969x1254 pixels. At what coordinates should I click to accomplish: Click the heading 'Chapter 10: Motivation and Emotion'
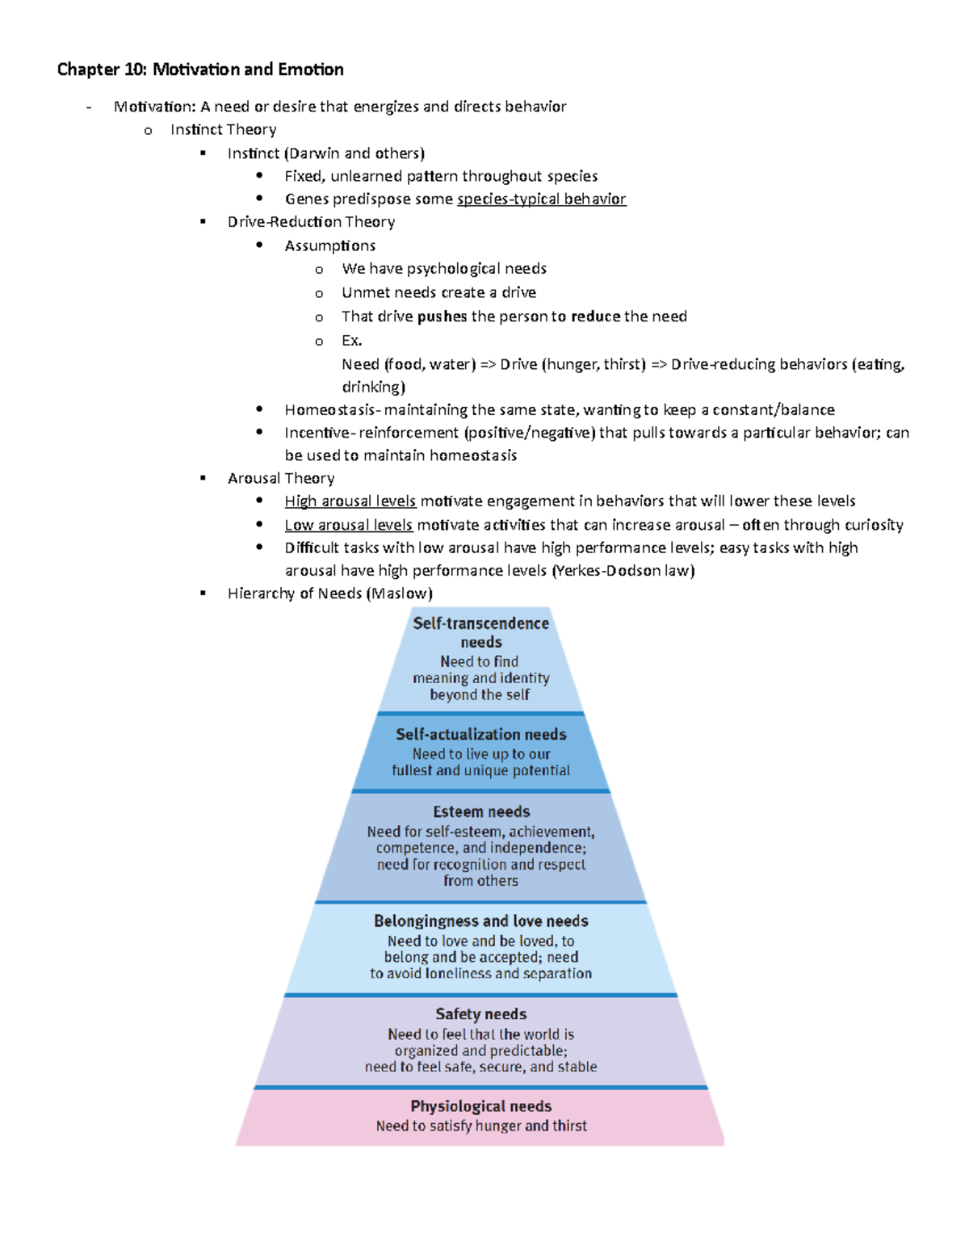coord(200,69)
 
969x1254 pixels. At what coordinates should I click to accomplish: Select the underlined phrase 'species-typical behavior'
coord(541,199)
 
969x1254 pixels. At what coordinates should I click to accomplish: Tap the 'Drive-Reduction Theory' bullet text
coord(311,222)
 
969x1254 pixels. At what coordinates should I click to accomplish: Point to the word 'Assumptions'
coord(329,245)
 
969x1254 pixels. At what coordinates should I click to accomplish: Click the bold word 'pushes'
coord(443,317)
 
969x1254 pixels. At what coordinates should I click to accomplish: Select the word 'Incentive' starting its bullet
coord(317,433)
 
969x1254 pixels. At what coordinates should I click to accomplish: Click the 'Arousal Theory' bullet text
coord(281,479)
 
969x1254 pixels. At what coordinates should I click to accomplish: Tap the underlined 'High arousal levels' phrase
coord(350,501)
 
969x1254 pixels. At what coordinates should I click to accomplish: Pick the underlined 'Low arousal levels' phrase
coord(348,525)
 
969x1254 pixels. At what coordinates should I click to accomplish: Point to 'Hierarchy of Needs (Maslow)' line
coord(329,593)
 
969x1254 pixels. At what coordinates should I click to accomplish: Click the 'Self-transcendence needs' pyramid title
coord(480,632)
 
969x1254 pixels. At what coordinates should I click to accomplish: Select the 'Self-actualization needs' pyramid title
coord(480,735)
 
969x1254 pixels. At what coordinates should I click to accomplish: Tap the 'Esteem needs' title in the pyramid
coord(481,812)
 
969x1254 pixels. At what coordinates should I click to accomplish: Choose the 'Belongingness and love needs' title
coord(480,921)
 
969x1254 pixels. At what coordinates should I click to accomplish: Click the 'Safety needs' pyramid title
coord(480,1014)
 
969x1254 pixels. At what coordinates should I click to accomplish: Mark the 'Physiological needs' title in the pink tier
coord(480,1106)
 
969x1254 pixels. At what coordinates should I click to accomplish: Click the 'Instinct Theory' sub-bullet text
coord(223,130)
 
